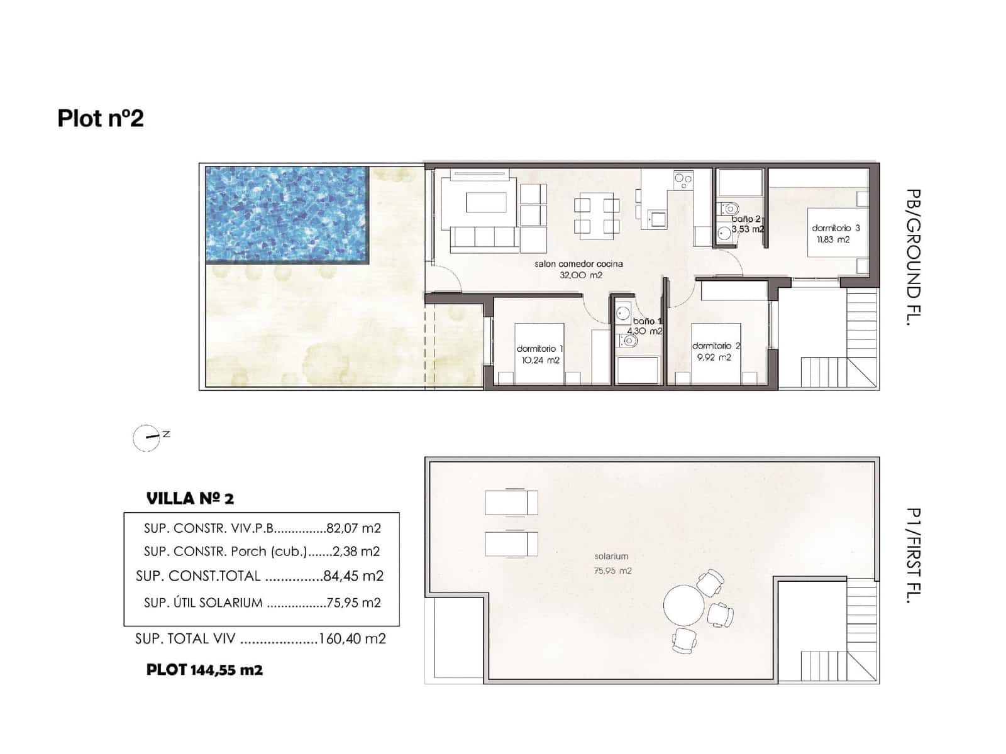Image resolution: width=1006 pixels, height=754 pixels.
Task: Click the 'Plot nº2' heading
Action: point(101,118)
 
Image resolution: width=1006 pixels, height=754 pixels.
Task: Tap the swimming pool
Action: point(286,214)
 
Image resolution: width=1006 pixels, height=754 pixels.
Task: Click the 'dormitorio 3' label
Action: point(836,228)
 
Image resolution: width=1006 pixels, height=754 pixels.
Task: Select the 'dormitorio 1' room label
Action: point(539,349)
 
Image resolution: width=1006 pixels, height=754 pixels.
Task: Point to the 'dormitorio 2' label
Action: point(716,346)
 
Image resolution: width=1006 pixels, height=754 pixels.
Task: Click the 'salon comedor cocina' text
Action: point(578,264)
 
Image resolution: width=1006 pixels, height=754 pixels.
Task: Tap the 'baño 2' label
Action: point(746,219)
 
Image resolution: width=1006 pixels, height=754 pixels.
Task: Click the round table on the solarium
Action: point(684,606)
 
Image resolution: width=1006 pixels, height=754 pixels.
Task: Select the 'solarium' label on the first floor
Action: point(611,556)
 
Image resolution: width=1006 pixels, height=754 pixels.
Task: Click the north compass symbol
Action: point(147,437)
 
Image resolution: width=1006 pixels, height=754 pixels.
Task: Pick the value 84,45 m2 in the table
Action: point(353,576)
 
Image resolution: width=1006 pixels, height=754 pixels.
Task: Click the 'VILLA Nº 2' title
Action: point(190,499)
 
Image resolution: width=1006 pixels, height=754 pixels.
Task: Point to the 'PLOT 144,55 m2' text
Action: point(204,670)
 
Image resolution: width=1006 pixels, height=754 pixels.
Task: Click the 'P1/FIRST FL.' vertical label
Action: point(914,555)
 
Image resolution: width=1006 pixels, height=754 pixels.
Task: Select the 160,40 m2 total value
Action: point(352,639)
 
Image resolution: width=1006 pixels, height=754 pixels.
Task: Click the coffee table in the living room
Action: point(486,203)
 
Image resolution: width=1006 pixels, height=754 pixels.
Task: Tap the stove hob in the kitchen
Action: point(683,181)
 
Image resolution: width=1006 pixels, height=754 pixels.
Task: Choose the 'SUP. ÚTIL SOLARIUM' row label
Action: point(203,603)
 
